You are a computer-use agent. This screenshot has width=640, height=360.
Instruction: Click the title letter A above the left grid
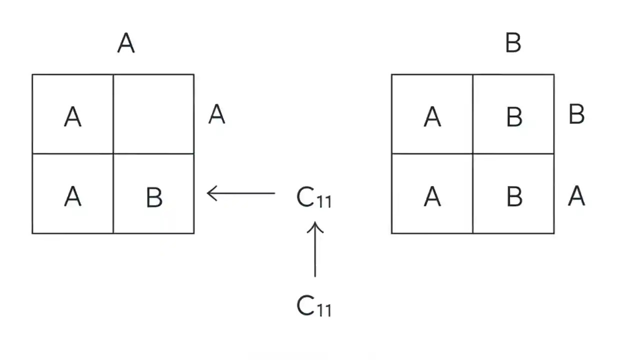126,43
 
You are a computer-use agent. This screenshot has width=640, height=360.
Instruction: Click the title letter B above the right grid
513,43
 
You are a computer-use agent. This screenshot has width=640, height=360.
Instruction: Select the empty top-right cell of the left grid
153,114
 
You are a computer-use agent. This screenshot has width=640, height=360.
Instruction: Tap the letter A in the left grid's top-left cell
73,117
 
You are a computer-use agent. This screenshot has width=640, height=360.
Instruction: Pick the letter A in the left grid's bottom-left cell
73,197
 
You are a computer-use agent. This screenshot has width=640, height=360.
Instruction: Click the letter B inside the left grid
154,197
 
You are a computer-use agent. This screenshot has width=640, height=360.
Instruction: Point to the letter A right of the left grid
216,114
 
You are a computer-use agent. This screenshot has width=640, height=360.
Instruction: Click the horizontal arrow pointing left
241,193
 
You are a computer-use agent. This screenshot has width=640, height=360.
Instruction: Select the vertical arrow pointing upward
315,249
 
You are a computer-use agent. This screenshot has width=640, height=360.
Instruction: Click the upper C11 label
313,198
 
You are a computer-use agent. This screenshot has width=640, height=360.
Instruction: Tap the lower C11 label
313,306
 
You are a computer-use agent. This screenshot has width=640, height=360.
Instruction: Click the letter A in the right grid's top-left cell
432,117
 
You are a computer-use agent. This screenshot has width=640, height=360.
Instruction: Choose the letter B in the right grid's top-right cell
514,117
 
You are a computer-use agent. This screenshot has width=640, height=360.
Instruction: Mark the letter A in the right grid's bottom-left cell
432,197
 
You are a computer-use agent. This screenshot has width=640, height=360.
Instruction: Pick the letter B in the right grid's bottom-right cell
514,197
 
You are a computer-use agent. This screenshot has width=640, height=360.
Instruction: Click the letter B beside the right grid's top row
576,114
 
